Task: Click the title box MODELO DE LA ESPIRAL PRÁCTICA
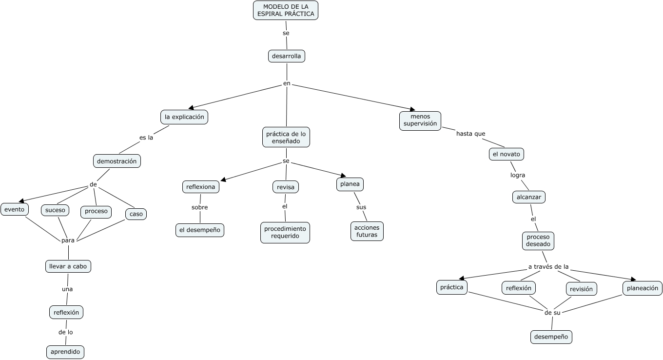pos(286,10)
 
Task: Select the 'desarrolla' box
pos(287,56)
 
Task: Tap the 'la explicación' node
pos(184,117)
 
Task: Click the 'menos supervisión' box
pos(420,120)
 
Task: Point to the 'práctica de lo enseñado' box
pos(286,137)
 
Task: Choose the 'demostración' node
pos(117,161)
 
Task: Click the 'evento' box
pos(15,209)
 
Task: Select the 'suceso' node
pos(55,210)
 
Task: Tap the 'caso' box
pos(136,214)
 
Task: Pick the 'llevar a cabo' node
pos(68,266)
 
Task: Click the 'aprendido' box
pos(66,352)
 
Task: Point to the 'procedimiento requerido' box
pos(285,233)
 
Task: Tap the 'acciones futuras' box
pos(367,231)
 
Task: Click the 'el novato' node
pos(507,154)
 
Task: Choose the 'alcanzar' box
pos(529,197)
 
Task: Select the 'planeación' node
pos(643,288)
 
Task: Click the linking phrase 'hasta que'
pos(470,134)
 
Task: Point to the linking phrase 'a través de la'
pos(548,267)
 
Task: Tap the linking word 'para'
pos(68,240)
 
